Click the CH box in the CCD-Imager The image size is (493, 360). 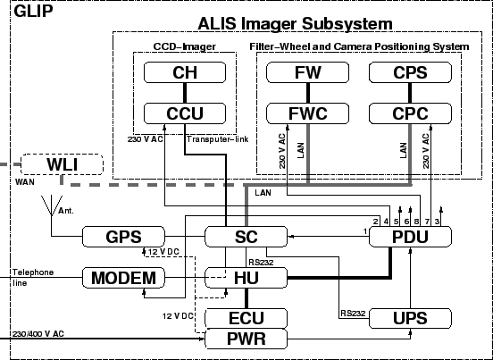point(185,72)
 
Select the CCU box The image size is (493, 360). point(185,113)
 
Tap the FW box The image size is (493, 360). point(307,72)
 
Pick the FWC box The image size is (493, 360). point(307,113)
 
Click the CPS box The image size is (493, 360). point(410,72)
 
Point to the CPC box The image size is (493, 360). point(410,113)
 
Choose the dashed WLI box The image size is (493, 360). point(62,164)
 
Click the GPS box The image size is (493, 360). point(123,237)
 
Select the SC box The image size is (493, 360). point(246,237)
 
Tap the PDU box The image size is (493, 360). point(410,237)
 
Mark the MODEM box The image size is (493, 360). point(123,278)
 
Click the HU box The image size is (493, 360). point(246,278)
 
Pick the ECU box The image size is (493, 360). point(246,318)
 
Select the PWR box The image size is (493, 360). point(246,339)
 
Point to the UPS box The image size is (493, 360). point(410,318)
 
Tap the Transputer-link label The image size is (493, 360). point(217,139)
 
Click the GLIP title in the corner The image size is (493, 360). point(33,12)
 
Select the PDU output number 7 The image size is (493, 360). point(427,222)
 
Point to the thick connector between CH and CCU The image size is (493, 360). point(185,93)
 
